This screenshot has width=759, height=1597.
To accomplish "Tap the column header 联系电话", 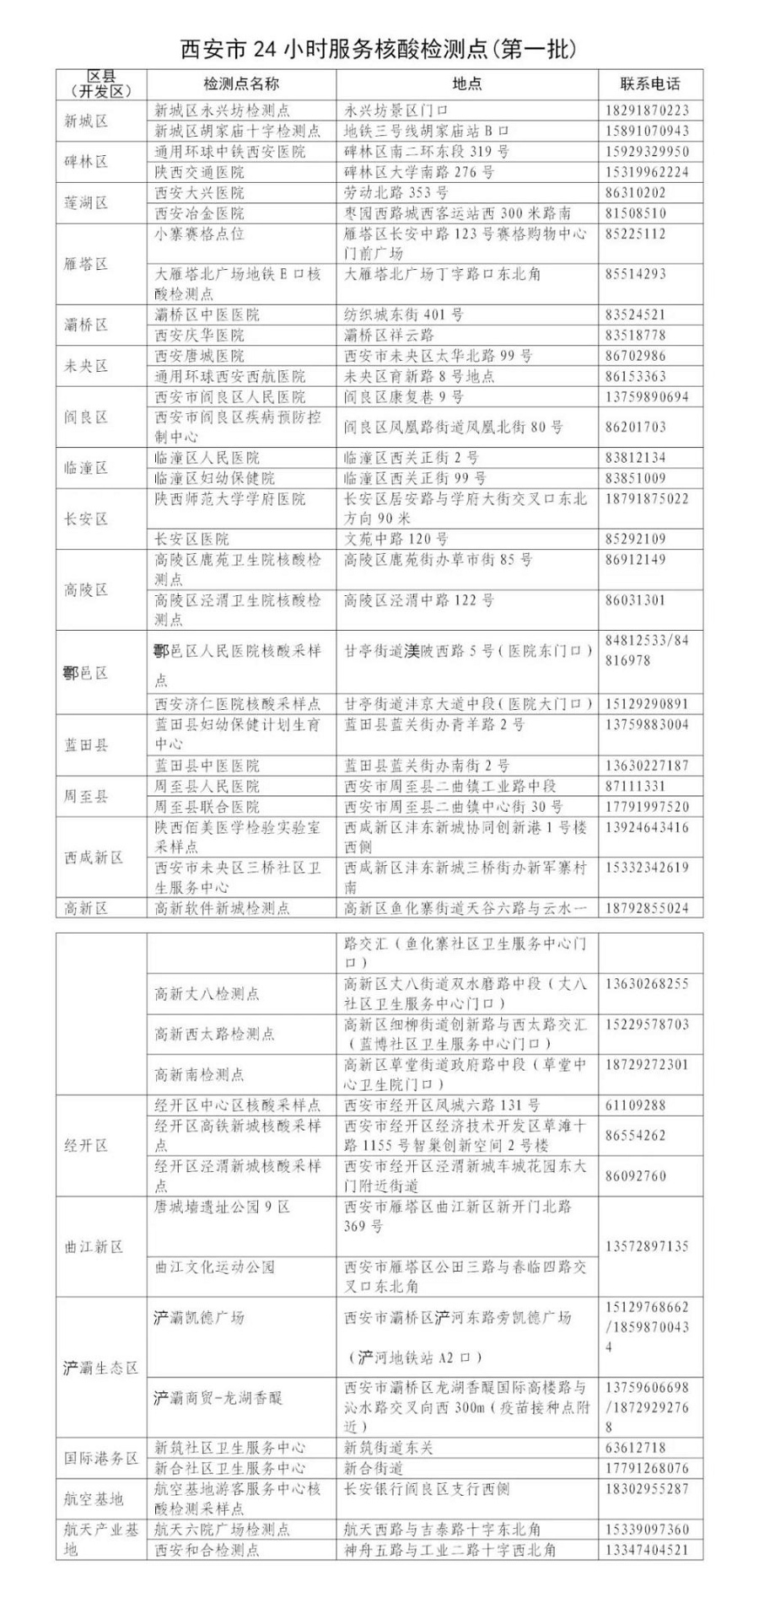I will pyautogui.click(x=650, y=84).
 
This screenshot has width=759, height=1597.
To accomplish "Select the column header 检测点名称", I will pyautogui.click(x=241, y=84).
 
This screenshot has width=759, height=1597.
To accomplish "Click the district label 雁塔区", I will pyautogui.click(x=87, y=264).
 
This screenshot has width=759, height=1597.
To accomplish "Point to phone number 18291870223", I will pyautogui.click(x=647, y=110).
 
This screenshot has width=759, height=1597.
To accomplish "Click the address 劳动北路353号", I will pyautogui.click(x=396, y=192).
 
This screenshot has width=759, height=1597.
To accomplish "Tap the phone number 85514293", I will pyautogui.click(x=635, y=274).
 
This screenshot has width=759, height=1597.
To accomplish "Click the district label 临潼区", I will pyautogui.click(x=87, y=468).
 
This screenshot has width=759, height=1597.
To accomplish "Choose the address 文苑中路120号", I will pyautogui.click(x=396, y=539).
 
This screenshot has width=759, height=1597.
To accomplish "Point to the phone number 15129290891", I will pyautogui.click(x=647, y=703).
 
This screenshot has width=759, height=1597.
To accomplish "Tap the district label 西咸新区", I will pyautogui.click(x=94, y=858).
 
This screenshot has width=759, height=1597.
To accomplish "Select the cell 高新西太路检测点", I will pyautogui.click(x=214, y=1034).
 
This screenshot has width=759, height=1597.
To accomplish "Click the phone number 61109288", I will pyautogui.click(x=635, y=1105).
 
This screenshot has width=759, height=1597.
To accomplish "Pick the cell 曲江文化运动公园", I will pyautogui.click(x=214, y=1266).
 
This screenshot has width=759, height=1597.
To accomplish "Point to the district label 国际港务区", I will pyautogui.click(x=100, y=1458).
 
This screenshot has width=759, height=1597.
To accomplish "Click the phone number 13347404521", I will pyautogui.click(x=647, y=1550).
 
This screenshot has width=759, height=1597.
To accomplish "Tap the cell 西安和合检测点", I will pyautogui.click(x=207, y=1550).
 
